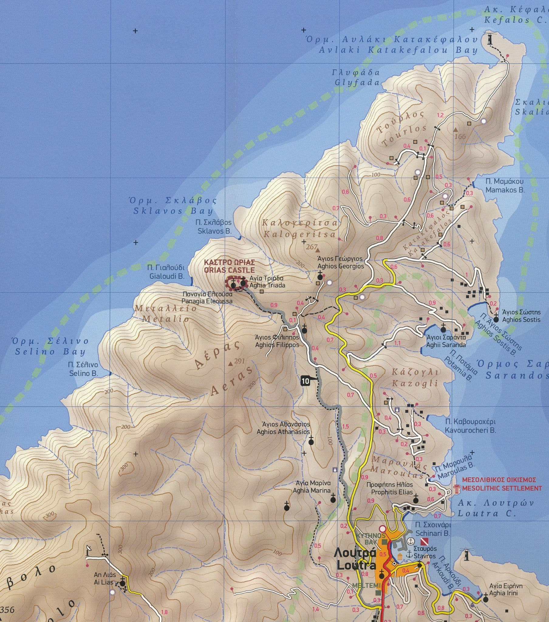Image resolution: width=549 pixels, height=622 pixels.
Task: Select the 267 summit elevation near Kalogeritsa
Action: coord(311,247)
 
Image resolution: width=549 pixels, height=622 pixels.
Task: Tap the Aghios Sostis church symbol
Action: coord(496,319)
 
